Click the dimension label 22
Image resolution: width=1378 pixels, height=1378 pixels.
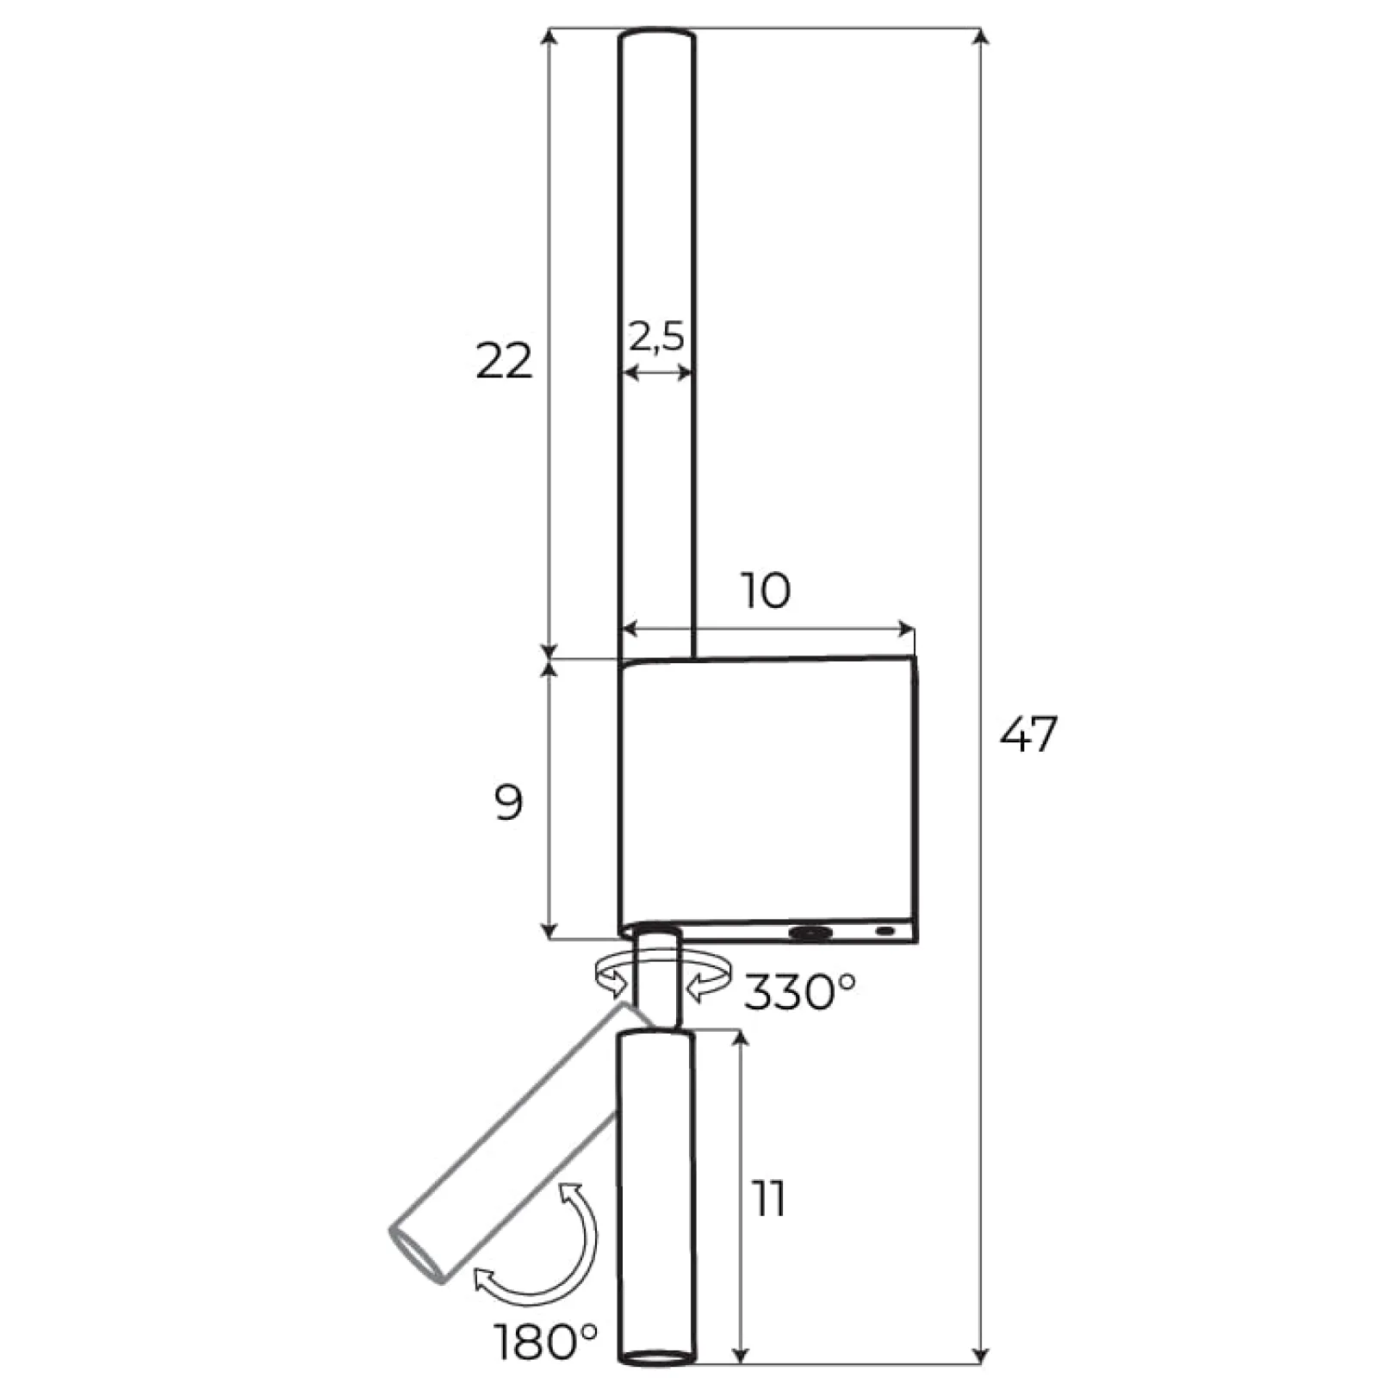pos(505,362)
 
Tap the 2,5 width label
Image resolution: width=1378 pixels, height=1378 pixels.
pos(656,336)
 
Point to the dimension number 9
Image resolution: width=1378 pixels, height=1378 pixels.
pos(509,804)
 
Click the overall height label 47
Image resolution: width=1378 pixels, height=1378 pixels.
pos(1028,735)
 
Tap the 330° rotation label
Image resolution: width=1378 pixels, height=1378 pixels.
pos(800,991)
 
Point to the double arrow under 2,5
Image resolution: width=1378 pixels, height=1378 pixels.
pos(657,372)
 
